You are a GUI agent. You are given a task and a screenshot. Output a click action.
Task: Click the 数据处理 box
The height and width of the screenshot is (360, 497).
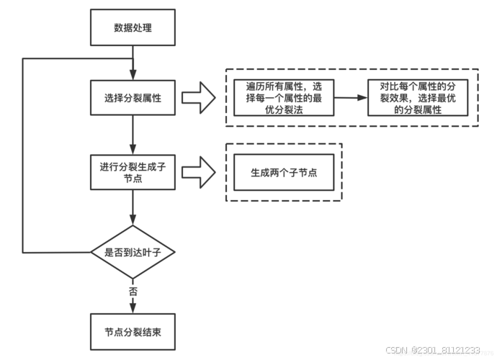133,28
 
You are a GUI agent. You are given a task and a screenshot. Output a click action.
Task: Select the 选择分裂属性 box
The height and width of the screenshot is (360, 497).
133,97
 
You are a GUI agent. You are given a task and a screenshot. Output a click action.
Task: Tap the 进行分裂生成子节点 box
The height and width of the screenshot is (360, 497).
133,172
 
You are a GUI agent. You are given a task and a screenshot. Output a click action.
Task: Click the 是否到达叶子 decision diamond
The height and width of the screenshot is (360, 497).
133,252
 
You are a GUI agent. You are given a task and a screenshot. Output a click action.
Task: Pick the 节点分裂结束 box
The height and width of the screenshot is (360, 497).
133,330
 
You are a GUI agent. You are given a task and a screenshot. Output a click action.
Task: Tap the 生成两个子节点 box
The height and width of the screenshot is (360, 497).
283,174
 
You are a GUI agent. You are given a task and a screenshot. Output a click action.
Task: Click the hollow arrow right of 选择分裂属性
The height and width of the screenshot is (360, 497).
198,97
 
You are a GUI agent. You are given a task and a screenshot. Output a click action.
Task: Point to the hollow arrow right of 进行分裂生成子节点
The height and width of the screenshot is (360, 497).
198,173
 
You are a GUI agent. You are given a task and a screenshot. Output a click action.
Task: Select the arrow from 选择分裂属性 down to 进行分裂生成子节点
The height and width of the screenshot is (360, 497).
133,134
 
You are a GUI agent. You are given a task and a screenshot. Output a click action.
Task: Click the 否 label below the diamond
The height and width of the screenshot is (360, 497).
133,292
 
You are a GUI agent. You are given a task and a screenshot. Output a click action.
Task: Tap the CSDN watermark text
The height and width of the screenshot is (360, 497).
398,350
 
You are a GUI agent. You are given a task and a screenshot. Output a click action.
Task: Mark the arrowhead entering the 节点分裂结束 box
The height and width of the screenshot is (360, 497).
133,308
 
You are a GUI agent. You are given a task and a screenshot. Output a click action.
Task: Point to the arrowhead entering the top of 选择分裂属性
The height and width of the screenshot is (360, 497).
133,75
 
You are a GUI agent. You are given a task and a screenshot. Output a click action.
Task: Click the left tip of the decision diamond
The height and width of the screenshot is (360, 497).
91,253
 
